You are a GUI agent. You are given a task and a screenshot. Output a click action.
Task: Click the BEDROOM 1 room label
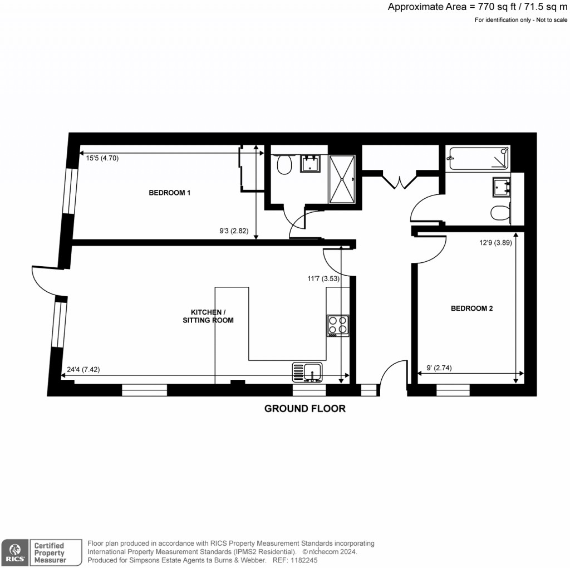[x=170, y=193]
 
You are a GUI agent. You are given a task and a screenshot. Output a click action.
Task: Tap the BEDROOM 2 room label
[x=471, y=308]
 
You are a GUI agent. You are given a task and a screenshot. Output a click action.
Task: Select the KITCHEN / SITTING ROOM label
[x=208, y=316]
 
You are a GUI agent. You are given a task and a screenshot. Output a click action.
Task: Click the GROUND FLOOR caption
[x=304, y=409]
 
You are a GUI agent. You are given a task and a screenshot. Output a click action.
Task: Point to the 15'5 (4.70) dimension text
[x=102, y=158]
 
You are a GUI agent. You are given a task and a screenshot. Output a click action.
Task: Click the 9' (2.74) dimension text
[x=438, y=368]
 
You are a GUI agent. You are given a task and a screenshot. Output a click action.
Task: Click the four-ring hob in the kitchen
[x=338, y=325]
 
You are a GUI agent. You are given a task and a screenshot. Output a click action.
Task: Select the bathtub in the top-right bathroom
[x=479, y=158]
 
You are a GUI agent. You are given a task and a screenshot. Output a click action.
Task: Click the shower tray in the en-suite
[x=341, y=179]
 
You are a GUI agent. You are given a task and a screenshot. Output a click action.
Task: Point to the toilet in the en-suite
[x=284, y=164]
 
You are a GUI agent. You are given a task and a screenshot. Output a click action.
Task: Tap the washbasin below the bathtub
[x=502, y=187]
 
